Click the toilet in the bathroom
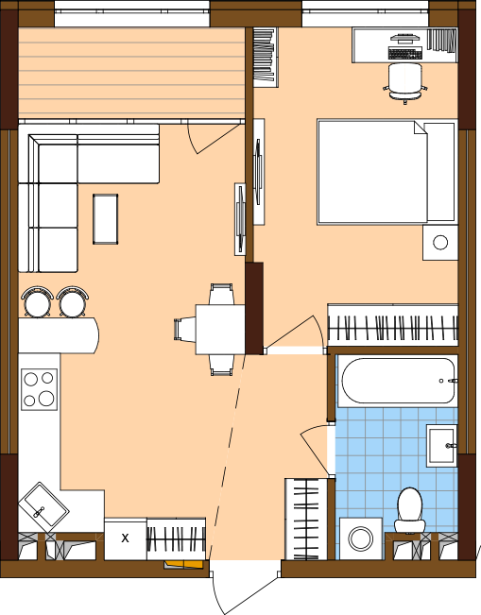[x=410, y=510]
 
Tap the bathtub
[x=398, y=381]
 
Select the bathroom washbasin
[x=442, y=445]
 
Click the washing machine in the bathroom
[x=361, y=538]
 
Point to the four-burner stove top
[x=40, y=389]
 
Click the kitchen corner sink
[x=43, y=506]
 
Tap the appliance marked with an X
[x=125, y=538]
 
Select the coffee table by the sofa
[x=106, y=219]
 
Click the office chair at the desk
[x=405, y=82]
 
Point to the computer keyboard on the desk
[x=405, y=53]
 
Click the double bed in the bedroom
[x=387, y=172]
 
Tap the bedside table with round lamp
[x=440, y=243]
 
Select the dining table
[x=220, y=330]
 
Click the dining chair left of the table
[x=185, y=329]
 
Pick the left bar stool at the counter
[x=38, y=300]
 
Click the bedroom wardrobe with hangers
[x=393, y=325]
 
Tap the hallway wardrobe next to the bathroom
[x=306, y=519]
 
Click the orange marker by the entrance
[x=184, y=564]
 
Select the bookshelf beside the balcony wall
[x=266, y=57]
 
